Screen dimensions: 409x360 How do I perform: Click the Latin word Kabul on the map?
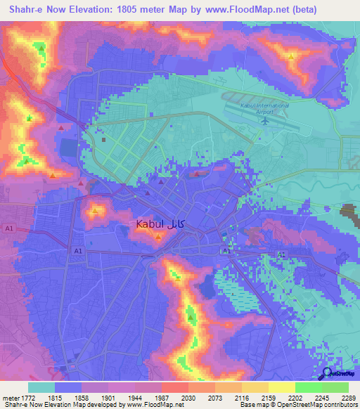(x=150, y=223)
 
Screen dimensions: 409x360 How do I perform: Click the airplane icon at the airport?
(x=265, y=119)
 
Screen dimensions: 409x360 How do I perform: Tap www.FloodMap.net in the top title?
(x=243, y=10)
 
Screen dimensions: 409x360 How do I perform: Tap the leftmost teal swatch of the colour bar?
(x=41, y=387)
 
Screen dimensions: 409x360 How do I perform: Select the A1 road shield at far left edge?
(x=9, y=229)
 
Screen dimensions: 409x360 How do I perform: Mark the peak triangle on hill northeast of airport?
(x=291, y=55)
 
